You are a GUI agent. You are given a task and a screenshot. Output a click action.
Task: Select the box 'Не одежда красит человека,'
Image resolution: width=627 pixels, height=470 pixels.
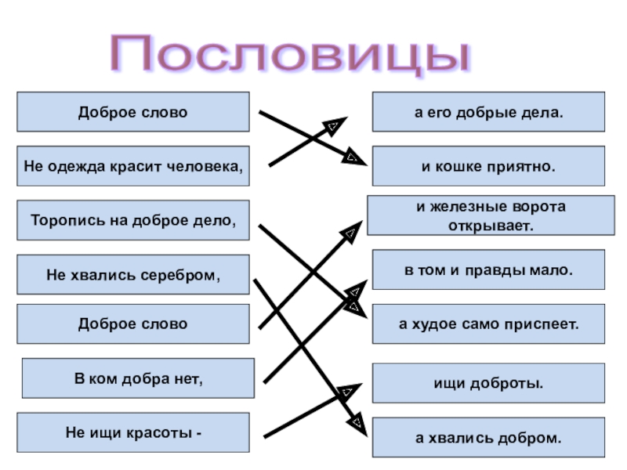coord(132,166)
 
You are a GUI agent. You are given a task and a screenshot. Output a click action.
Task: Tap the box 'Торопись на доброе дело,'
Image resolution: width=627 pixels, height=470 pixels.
coord(132,220)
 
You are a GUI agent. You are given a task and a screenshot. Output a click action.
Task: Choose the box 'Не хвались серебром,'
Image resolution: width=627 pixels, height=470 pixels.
coord(132,275)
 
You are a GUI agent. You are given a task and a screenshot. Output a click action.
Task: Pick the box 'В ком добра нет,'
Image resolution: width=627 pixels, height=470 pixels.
coord(138,379)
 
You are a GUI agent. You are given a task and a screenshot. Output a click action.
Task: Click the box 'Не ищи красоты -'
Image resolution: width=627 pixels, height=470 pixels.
coord(132,432)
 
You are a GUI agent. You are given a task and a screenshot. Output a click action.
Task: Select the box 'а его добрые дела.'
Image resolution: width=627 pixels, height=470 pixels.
coord(488,112)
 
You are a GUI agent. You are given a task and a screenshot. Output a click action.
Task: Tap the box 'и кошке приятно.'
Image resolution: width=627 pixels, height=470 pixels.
coord(488,166)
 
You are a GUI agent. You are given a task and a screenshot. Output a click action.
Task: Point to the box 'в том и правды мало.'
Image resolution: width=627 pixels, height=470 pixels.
coord(488,269)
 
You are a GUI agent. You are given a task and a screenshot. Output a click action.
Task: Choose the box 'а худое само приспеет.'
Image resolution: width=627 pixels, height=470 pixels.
coord(488,324)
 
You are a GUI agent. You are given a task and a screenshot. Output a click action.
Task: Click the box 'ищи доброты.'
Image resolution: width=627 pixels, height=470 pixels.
coord(488,384)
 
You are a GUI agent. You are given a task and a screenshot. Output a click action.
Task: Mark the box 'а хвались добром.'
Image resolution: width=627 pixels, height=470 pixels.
coord(488,438)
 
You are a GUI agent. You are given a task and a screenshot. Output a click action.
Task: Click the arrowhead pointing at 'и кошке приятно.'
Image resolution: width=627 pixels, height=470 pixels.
coord(353,158)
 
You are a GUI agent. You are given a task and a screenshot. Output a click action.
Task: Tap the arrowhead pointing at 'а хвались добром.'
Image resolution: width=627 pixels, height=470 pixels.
coord(357,426)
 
